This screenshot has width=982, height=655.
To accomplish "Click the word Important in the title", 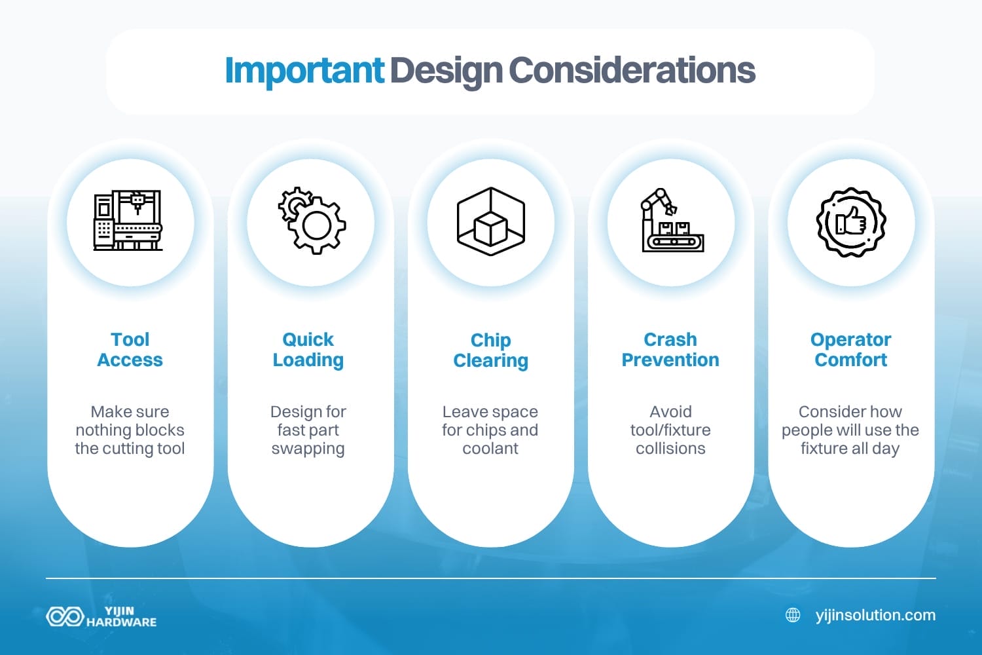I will pyautogui.click(x=304, y=71).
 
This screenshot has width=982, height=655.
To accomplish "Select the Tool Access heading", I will pyautogui.click(x=130, y=350).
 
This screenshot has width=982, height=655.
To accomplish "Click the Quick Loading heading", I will pyautogui.click(x=308, y=350).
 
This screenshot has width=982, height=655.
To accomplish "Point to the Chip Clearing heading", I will pyautogui.click(x=490, y=350).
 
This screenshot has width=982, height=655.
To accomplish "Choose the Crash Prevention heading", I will pyautogui.click(x=670, y=350).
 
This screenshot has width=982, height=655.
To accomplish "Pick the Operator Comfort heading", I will pyautogui.click(x=850, y=350).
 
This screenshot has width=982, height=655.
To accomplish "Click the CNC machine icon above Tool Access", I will pyautogui.click(x=128, y=221).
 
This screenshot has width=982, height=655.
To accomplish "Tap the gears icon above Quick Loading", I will pyautogui.click(x=312, y=221).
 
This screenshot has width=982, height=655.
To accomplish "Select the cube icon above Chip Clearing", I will pyautogui.click(x=490, y=221).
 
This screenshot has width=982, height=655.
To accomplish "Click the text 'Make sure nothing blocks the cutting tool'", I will pyautogui.click(x=130, y=430).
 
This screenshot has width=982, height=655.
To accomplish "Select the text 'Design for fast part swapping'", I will pyautogui.click(x=308, y=430).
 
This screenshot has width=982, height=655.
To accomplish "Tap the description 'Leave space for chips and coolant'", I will pyautogui.click(x=490, y=430).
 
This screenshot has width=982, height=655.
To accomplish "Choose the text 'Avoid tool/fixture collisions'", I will pyautogui.click(x=670, y=430).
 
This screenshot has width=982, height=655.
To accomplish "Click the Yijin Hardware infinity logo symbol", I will pyautogui.click(x=64, y=616).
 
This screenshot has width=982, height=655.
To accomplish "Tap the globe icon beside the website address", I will pyautogui.click(x=793, y=615).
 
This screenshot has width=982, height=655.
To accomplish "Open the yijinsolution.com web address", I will pyautogui.click(x=875, y=615).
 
